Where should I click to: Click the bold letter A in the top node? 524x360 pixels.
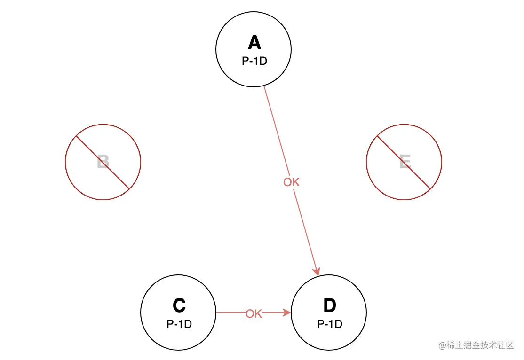(x=254, y=43)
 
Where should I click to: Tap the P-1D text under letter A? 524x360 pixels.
(x=254, y=61)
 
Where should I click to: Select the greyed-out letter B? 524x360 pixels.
(x=103, y=163)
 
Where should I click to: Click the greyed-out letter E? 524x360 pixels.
(x=405, y=163)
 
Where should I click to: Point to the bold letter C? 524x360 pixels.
(x=179, y=306)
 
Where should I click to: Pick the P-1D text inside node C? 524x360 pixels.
(x=179, y=324)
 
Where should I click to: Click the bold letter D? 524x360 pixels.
(x=329, y=306)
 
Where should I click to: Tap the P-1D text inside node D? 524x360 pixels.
(x=329, y=324)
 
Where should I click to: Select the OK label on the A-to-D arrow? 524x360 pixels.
(x=291, y=182)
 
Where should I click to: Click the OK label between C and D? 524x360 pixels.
(x=254, y=313)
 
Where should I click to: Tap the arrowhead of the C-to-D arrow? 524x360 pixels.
(x=286, y=312)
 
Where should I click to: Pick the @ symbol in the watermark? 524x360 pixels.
(x=442, y=345)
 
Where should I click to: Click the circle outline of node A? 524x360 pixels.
(x=216, y=49)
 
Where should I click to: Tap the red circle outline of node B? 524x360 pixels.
(x=65, y=162)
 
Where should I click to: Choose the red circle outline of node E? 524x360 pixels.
(x=442, y=162)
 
